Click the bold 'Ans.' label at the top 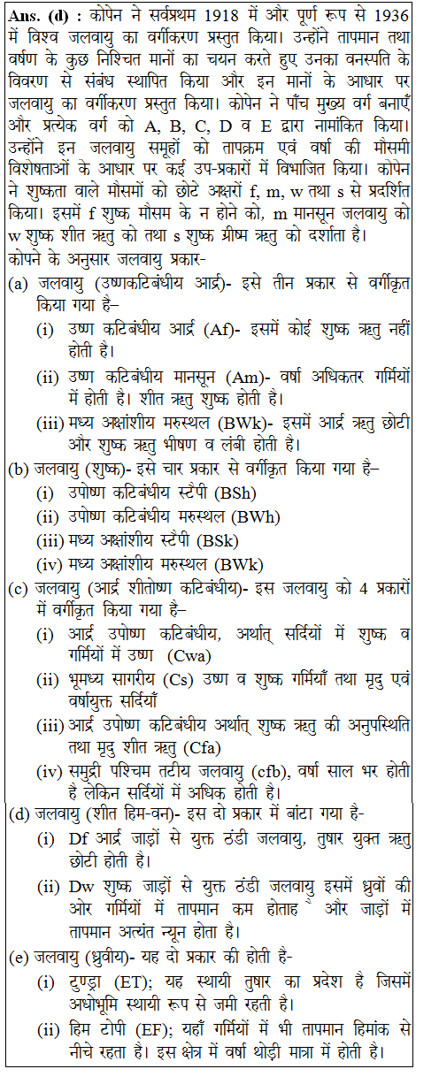[24, 14]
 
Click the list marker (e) [16, 956]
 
